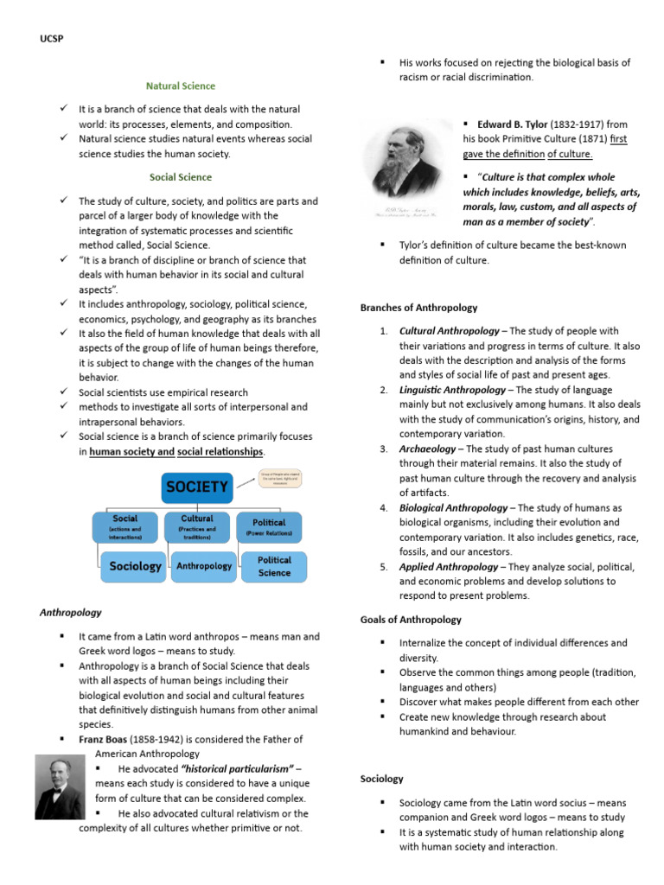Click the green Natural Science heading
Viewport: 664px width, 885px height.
[x=180, y=86]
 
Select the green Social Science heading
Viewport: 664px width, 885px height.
[x=180, y=177]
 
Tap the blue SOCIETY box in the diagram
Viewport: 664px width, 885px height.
[x=197, y=487]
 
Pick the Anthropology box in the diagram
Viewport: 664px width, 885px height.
[x=204, y=566]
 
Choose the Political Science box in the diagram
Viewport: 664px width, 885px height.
[x=274, y=566]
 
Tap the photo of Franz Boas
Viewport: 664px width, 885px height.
[x=60, y=786]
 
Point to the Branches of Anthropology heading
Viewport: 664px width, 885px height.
[x=418, y=308]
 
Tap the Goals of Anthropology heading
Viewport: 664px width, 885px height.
[x=411, y=620]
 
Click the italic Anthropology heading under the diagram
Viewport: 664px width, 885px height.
[x=71, y=613]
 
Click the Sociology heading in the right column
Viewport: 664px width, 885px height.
[x=381, y=779]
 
